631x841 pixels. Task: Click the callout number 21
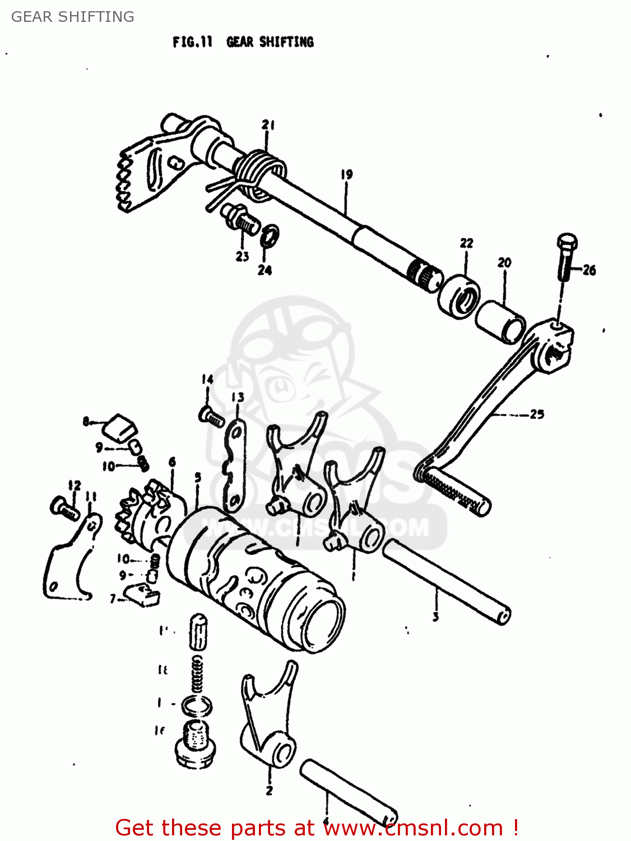coord(268,125)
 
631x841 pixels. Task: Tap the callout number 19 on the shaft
coord(347,174)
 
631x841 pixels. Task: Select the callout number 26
coord(589,270)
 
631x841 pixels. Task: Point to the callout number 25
coord(537,414)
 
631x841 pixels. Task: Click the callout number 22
coord(466,243)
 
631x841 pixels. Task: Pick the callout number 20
coord(504,262)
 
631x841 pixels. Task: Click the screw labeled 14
coord(211,416)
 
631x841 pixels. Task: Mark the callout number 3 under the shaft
coord(435,617)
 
